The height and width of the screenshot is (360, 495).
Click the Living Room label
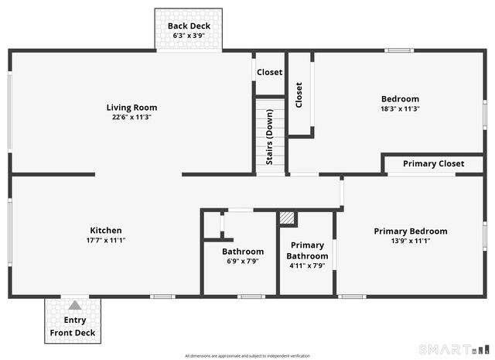tap(131, 108)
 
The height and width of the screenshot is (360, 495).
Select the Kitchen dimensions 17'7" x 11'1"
tap(106, 240)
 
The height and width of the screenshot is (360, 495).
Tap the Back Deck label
tap(189, 26)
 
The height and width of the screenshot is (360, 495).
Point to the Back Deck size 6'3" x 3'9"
tap(189, 36)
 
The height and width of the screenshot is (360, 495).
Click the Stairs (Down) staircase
tap(270, 135)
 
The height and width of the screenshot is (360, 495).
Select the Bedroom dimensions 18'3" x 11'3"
tap(400, 108)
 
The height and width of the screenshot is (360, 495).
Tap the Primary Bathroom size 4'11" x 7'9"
tap(307, 266)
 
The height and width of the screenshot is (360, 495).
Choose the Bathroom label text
tap(242, 251)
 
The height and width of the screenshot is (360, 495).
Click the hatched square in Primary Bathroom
tap(288, 218)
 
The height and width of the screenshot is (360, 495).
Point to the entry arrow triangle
tap(74, 305)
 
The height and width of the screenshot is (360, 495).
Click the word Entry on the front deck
tap(75, 320)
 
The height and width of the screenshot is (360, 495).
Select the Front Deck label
tap(73, 333)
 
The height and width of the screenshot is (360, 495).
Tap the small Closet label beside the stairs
tap(270, 72)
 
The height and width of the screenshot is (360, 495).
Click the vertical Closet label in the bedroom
tap(299, 95)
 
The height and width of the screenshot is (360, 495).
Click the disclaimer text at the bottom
tap(247, 355)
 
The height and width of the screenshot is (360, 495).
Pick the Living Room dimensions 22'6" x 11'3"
tap(131, 118)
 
